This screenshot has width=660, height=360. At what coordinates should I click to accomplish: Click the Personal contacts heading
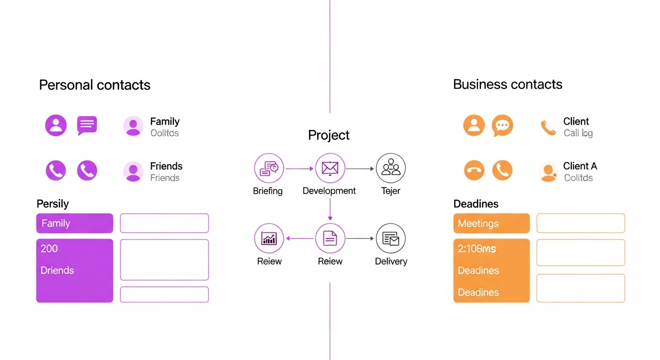click(x=95, y=85)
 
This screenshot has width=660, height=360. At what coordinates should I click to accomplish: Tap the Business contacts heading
click(x=508, y=84)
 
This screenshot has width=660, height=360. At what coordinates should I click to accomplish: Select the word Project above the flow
click(x=329, y=135)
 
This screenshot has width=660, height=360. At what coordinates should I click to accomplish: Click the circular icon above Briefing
click(x=269, y=168)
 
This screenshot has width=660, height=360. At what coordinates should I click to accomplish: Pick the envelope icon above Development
click(x=330, y=168)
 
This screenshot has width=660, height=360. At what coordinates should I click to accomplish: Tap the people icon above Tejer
click(x=390, y=168)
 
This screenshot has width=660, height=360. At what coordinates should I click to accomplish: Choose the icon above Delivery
click(x=390, y=239)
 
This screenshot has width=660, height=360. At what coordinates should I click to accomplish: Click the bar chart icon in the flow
click(x=269, y=239)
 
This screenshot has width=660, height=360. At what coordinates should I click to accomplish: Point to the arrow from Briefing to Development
click(x=299, y=168)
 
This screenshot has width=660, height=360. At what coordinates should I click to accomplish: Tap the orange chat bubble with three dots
click(x=502, y=126)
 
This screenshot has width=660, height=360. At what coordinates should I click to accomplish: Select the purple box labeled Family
click(x=75, y=223)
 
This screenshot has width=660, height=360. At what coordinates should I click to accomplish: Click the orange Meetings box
click(x=491, y=223)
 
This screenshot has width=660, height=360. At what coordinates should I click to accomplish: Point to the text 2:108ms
click(x=477, y=249)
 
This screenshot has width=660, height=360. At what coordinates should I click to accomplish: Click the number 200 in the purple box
click(x=49, y=248)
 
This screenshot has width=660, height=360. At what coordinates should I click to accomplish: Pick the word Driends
click(x=57, y=270)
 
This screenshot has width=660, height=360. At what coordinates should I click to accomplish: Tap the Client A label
click(x=580, y=166)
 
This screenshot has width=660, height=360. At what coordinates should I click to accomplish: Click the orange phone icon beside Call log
click(x=548, y=127)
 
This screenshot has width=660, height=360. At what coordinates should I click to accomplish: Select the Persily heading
click(x=52, y=204)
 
